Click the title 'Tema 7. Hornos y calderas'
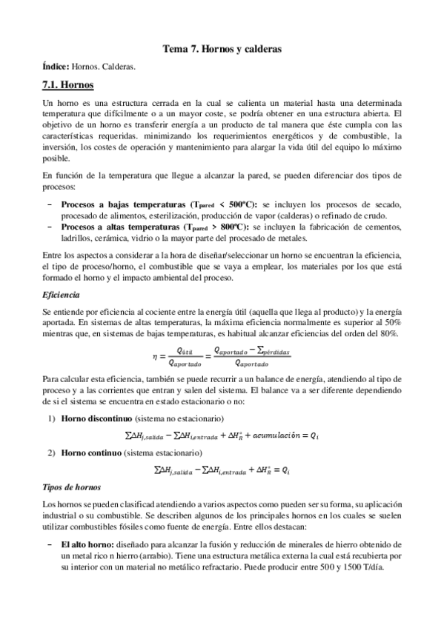(x=222, y=50)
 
